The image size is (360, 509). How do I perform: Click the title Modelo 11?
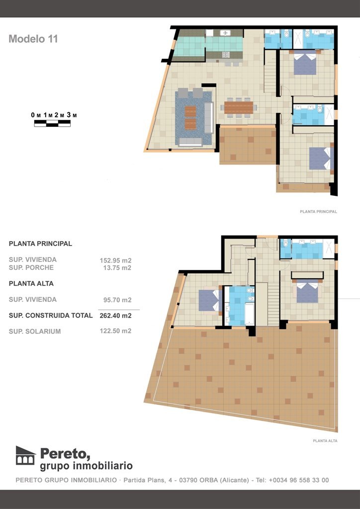(33, 39)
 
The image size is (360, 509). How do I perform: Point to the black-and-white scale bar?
(52, 123)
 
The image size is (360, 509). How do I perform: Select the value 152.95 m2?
(115, 260)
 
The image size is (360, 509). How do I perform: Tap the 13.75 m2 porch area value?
(115, 268)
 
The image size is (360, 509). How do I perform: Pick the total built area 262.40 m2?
(115, 316)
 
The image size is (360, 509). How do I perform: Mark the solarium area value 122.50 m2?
(115, 331)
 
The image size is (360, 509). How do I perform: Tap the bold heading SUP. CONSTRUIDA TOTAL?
(51, 316)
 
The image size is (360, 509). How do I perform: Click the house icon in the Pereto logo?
(25, 455)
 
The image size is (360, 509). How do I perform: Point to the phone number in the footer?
(298, 481)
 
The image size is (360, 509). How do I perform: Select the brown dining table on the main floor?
(239, 107)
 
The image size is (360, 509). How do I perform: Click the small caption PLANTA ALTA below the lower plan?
(325, 440)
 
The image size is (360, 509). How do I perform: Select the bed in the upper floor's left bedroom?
(208, 300)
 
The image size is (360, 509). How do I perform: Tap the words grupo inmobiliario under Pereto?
(86, 466)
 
